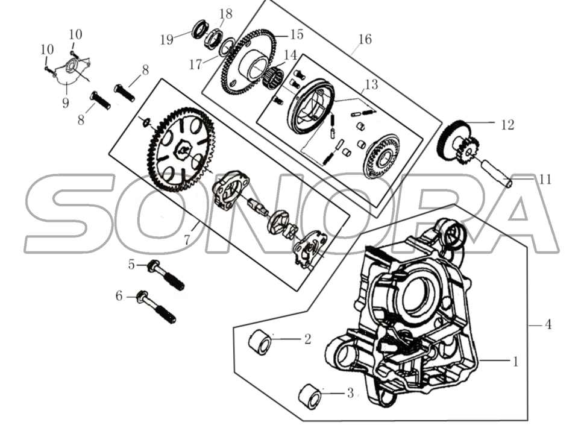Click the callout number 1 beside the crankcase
[515, 362]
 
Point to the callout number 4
[548, 324]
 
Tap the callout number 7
[187, 239]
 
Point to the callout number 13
[371, 84]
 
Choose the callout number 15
[297, 34]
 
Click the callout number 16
[365, 39]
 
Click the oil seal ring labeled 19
[199, 30]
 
